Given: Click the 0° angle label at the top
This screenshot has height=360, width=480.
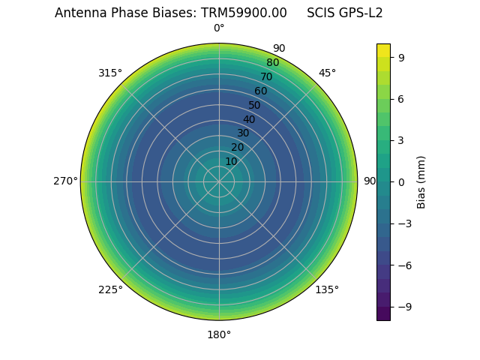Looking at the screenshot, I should (219, 28).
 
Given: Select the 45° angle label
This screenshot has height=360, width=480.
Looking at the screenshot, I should (327, 73).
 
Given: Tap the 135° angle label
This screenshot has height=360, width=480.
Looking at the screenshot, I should (327, 289).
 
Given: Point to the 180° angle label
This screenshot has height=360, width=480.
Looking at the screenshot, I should (219, 334).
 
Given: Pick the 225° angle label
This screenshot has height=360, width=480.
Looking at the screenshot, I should (110, 289).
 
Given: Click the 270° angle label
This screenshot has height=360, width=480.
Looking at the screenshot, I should (65, 181).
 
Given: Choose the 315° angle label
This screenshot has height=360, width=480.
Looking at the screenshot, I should (110, 73).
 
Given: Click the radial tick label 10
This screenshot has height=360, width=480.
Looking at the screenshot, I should (231, 161).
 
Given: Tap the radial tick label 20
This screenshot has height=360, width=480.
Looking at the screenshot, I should (237, 147).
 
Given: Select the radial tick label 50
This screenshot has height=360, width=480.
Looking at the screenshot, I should (255, 105).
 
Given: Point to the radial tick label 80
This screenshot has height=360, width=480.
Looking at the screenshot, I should (272, 62).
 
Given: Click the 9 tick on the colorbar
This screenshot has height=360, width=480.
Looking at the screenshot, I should (403, 57).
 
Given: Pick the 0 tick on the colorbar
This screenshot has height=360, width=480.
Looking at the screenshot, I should (403, 181).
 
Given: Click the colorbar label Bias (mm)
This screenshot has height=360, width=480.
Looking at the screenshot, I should (421, 181).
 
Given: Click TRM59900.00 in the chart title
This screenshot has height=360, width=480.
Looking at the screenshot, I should (244, 13).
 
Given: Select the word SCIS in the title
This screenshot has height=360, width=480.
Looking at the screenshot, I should (322, 13).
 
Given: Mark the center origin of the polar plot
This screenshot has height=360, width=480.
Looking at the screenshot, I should (219, 181).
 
